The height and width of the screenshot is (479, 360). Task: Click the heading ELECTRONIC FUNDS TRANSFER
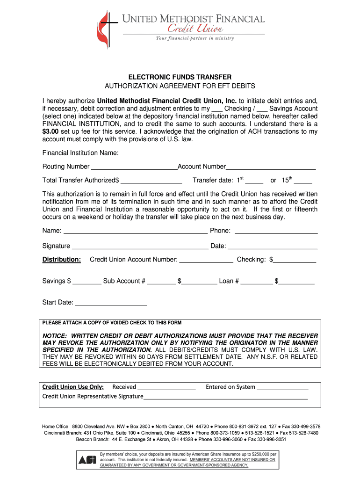tap(180, 77)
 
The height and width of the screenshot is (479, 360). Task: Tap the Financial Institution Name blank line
tap(219, 154)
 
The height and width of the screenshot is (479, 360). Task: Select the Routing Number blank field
tap(134, 168)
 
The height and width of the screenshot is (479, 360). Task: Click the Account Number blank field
tap(271, 168)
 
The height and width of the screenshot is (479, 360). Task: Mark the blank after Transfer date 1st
tap(254, 182)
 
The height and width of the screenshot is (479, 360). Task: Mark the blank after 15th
tap(303, 182)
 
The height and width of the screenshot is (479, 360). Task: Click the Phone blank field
tap(276, 232)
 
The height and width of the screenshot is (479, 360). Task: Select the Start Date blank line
tap(111, 304)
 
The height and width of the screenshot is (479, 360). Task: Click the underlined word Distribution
tap(62, 260)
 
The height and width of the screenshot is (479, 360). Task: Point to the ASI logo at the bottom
tap(87, 460)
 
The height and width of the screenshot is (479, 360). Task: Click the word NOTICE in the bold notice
tap(55, 336)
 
